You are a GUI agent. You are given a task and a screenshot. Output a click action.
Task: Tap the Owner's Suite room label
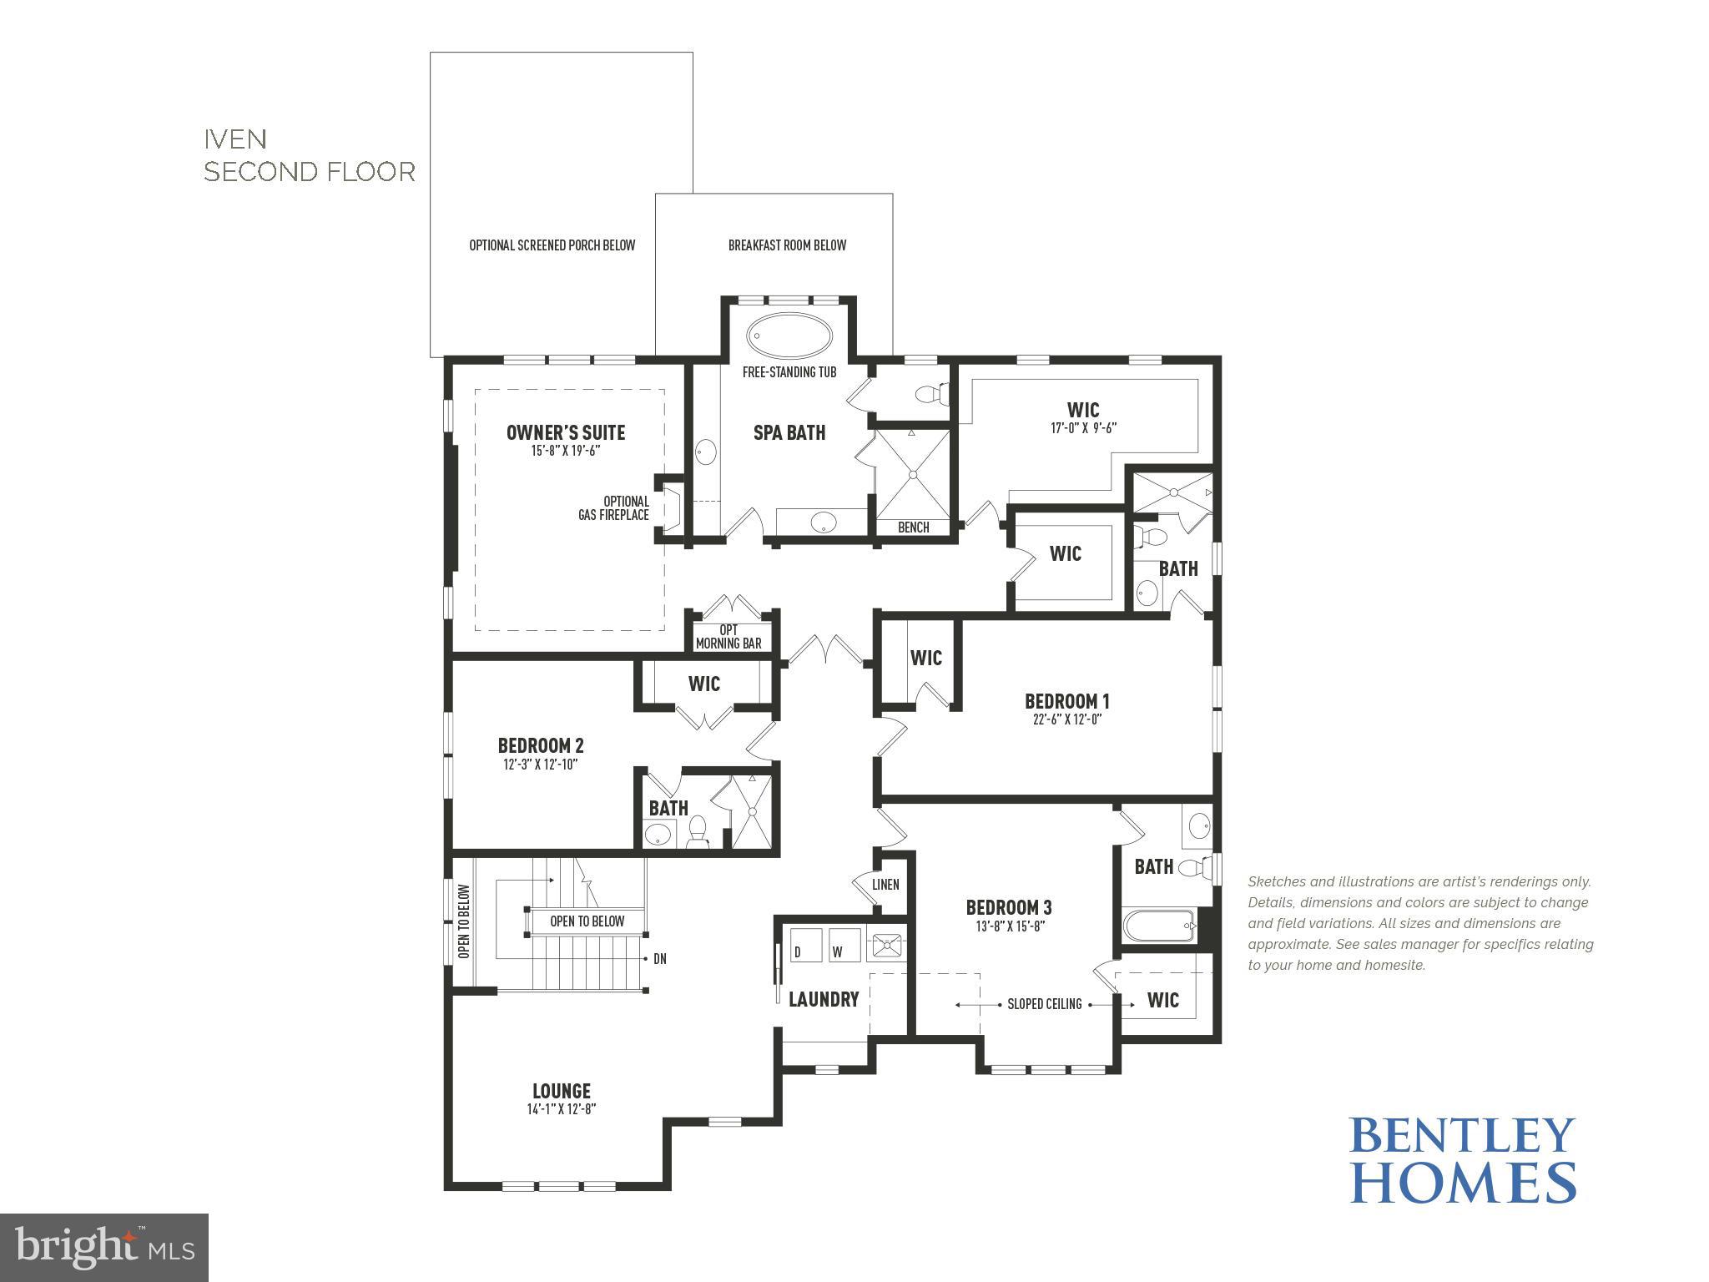[566, 432]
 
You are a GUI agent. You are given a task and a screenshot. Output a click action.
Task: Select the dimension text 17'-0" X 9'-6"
[1083, 428]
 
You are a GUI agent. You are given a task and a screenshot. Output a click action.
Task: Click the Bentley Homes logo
[1463, 1159]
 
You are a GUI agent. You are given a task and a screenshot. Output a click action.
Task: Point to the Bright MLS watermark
[104, 1248]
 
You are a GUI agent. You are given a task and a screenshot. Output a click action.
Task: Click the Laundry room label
[824, 999]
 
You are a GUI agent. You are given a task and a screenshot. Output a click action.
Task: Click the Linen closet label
[885, 885]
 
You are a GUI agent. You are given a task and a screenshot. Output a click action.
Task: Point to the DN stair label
[659, 959]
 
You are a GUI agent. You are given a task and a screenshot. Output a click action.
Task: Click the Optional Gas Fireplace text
[615, 508]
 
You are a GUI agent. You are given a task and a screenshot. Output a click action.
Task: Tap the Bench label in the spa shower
[913, 527]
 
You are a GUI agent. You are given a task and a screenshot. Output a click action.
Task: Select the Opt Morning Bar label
[728, 637]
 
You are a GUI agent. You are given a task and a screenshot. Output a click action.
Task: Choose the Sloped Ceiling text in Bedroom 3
[1044, 1004]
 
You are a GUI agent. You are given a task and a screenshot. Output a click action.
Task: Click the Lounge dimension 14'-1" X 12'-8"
[561, 1109]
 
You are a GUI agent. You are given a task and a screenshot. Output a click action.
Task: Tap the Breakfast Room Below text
[787, 245]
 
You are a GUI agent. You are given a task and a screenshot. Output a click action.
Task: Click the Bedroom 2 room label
[541, 745]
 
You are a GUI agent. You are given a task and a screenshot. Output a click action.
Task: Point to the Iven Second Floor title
[310, 155]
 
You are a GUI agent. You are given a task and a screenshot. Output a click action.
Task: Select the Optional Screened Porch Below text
[552, 245]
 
